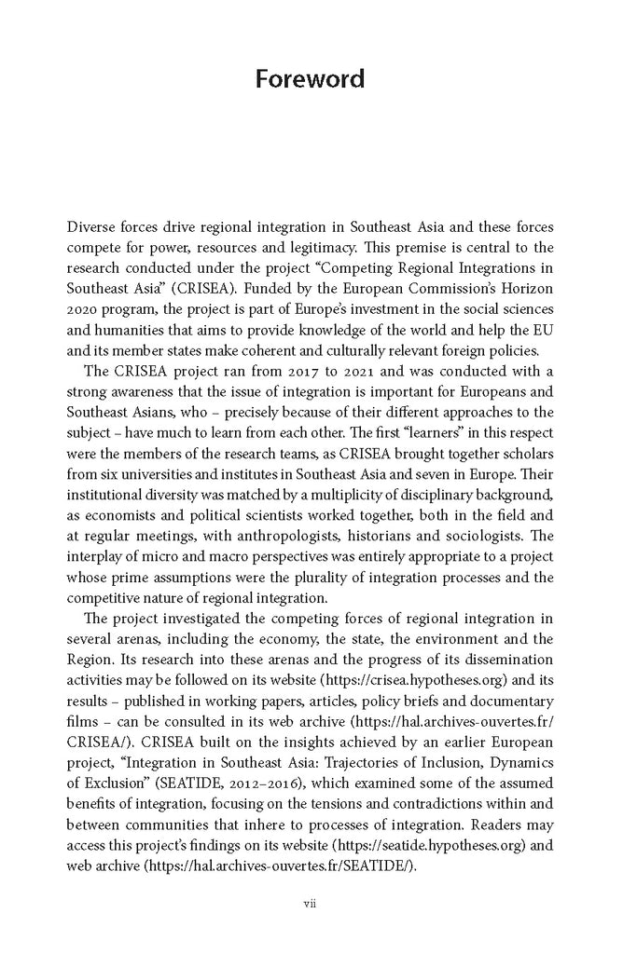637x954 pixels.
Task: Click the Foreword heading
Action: pyautogui.click(x=310, y=78)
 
